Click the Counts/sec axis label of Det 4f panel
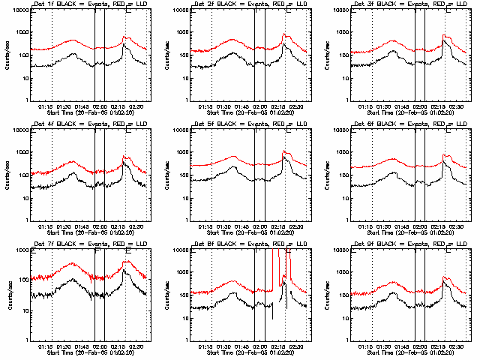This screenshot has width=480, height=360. [7, 175]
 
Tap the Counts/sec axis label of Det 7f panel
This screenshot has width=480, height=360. [7, 295]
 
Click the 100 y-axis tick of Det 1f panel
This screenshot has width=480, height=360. [23, 55]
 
